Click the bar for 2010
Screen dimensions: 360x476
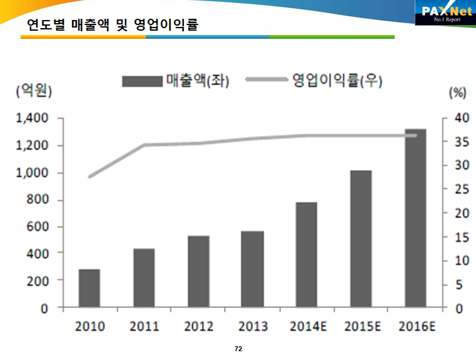89,289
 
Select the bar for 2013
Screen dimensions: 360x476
253,269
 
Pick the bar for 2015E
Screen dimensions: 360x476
361,239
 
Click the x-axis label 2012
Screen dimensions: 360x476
198,327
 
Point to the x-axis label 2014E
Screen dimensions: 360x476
307,327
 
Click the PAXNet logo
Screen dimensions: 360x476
444,13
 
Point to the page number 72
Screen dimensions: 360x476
238,348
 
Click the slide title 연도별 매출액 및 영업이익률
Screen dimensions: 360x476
113,25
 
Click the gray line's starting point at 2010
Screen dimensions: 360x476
89,177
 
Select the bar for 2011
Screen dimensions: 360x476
144,278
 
